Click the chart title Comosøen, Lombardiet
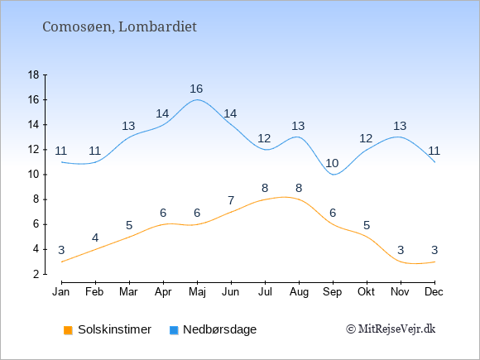click(x=119, y=27)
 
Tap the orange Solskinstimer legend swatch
click(x=68, y=330)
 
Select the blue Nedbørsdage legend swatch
click(x=174, y=330)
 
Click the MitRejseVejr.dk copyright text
click(x=391, y=329)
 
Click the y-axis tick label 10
click(x=34, y=175)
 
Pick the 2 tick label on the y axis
click(x=36, y=274)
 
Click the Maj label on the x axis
click(x=197, y=292)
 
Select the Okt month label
click(x=366, y=292)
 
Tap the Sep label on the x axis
click(x=333, y=292)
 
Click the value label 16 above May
click(x=196, y=89)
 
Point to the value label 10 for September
click(x=332, y=164)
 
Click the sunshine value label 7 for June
click(x=231, y=201)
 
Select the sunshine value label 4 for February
click(x=95, y=238)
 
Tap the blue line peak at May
click(x=197, y=99)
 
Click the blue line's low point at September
click(x=333, y=175)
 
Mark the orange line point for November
click(x=401, y=262)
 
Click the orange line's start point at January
click(x=62, y=262)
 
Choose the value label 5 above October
click(x=367, y=226)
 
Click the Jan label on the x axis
click(x=61, y=292)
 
